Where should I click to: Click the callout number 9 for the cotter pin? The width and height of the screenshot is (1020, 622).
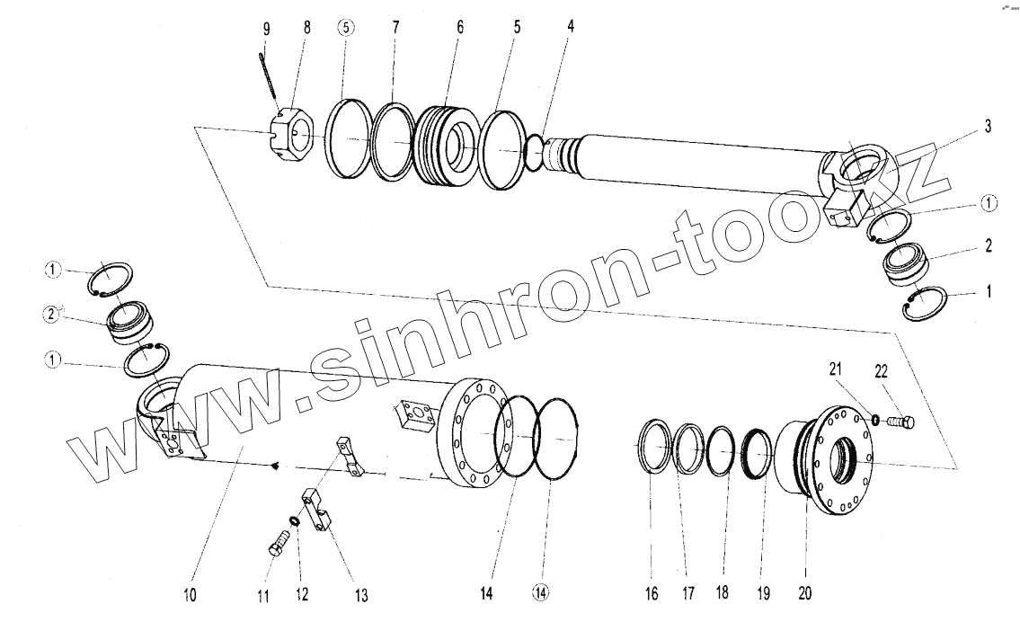pos(266,29)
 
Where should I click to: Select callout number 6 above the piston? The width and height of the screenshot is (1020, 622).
pos(459,27)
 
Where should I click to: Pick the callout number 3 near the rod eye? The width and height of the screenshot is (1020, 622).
pos(987,127)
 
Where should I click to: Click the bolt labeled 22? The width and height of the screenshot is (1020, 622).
pos(900,421)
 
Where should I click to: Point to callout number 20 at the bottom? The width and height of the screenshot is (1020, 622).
pos(804,593)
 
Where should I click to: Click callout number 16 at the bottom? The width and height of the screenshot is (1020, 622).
pos(652,593)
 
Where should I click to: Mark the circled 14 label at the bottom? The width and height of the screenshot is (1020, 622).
pos(540,593)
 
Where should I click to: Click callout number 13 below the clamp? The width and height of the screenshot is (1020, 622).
pos(360,594)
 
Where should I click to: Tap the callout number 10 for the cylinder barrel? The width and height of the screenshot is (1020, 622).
pos(190,594)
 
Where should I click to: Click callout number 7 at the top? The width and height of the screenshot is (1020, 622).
pos(395,27)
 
